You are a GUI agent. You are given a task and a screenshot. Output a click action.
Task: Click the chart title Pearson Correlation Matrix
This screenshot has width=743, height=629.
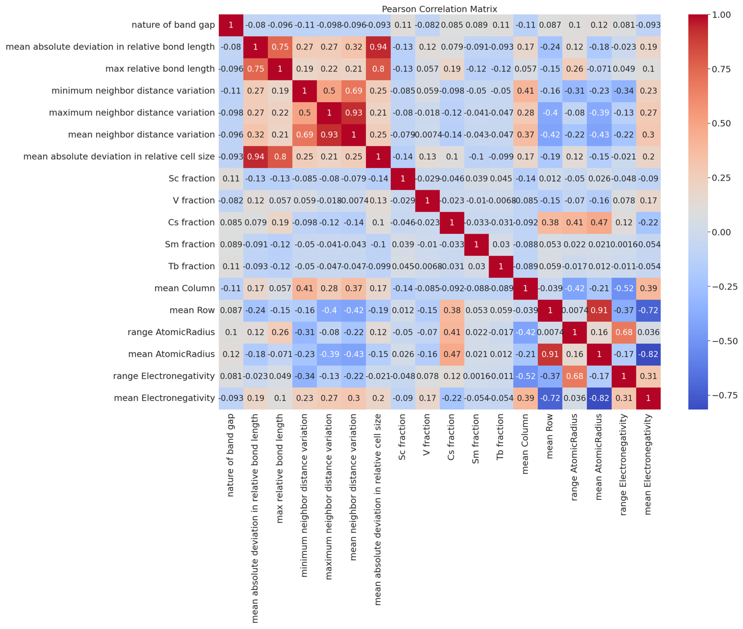click(439, 9)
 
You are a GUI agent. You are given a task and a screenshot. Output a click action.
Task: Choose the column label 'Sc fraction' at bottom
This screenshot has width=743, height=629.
click(402, 437)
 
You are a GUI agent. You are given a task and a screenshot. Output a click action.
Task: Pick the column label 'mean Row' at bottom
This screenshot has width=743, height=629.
click(549, 436)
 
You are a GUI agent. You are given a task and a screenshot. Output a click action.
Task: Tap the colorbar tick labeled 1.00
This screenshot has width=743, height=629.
click(721, 15)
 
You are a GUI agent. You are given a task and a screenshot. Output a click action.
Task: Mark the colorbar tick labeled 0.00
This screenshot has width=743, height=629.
click(721, 232)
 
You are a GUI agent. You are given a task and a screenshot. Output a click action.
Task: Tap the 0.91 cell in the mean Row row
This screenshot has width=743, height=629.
click(599, 310)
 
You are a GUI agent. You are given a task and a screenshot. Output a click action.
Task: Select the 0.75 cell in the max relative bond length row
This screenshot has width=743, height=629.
click(256, 69)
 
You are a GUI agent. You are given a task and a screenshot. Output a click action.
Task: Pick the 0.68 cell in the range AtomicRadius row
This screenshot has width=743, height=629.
click(624, 332)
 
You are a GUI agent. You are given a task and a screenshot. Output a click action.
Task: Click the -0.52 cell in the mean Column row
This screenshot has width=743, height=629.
click(624, 288)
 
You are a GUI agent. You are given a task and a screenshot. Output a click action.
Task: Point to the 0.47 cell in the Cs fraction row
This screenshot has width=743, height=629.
click(599, 222)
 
